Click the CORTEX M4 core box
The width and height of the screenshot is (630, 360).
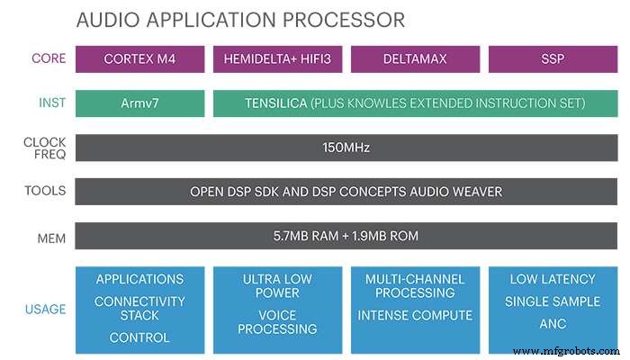[x=139, y=59]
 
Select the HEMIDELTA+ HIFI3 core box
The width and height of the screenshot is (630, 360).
[x=277, y=59]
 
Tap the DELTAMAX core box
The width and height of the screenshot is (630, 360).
[x=414, y=59]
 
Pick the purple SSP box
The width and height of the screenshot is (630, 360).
[x=552, y=59]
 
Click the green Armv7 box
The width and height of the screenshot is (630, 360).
[x=139, y=103]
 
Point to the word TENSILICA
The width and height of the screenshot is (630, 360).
[x=275, y=103]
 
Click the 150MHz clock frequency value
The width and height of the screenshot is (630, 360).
[x=346, y=148]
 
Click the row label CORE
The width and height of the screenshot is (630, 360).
[x=49, y=59]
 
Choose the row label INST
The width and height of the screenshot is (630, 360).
[x=51, y=103]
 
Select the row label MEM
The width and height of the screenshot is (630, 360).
[x=51, y=237]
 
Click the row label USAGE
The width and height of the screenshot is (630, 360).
[x=45, y=310]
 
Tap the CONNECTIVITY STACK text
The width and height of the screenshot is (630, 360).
[x=139, y=309]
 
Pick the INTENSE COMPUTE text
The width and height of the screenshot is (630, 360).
[x=415, y=315]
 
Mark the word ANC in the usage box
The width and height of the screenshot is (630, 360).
[x=552, y=322]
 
